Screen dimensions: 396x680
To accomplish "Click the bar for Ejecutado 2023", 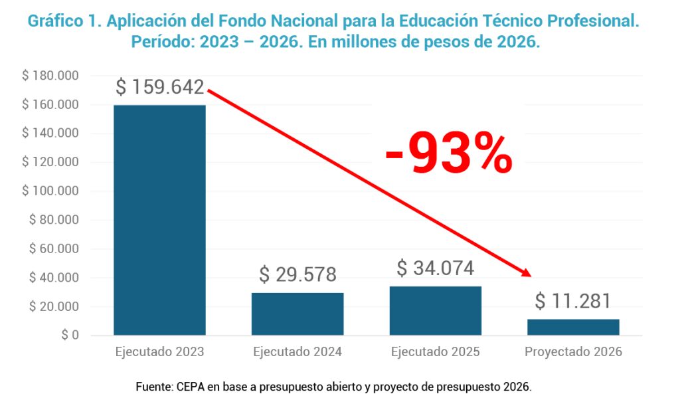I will pyautogui.click(x=159, y=219).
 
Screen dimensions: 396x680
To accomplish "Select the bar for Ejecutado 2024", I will pyautogui.click(x=297, y=314).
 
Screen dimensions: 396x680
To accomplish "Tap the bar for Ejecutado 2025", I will pyautogui.click(x=436, y=310).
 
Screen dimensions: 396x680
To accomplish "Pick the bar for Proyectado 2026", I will pyautogui.click(x=573, y=327).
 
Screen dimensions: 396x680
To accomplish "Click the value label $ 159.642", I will pyautogui.click(x=159, y=87).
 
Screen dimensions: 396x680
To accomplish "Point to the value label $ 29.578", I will pyautogui.click(x=297, y=274).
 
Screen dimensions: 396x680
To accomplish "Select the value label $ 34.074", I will pyautogui.click(x=436, y=268).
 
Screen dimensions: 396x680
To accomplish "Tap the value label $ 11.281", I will pyautogui.click(x=573, y=301).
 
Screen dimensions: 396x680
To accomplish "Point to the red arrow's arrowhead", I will pyautogui.click(x=527, y=272).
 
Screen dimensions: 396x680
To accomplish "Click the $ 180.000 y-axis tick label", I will pyautogui.click(x=50, y=76).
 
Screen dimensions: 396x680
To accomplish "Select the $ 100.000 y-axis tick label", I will pyautogui.click(x=50, y=191).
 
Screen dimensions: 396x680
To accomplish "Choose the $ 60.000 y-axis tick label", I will pyautogui.click(x=54, y=249).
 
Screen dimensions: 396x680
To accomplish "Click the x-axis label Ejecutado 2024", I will pyautogui.click(x=297, y=352).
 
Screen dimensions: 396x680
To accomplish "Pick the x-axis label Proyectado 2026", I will pyautogui.click(x=573, y=352).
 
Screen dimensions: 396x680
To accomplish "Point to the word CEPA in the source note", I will pyautogui.click(x=189, y=386).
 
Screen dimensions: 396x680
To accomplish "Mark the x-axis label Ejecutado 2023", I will pyautogui.click(x=159, y=352).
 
